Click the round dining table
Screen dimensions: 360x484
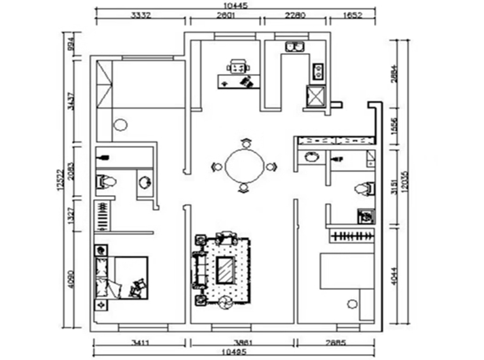click(x=245, y=166)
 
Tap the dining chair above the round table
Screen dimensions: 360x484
click(x=245, y=142)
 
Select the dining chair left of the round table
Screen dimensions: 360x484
click(x=216, y=167)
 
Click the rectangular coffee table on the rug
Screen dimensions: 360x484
click(x=226, y=269)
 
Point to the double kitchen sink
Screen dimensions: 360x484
click(x=292, y=46)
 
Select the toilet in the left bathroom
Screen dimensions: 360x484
click(x=107, y=181)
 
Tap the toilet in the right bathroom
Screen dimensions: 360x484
click(x=362, y=189)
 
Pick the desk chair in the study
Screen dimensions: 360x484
click(x=238, y=65)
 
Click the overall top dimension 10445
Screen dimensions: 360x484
click(x=235, y=5)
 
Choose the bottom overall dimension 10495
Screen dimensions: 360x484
click(x=235, y=353)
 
